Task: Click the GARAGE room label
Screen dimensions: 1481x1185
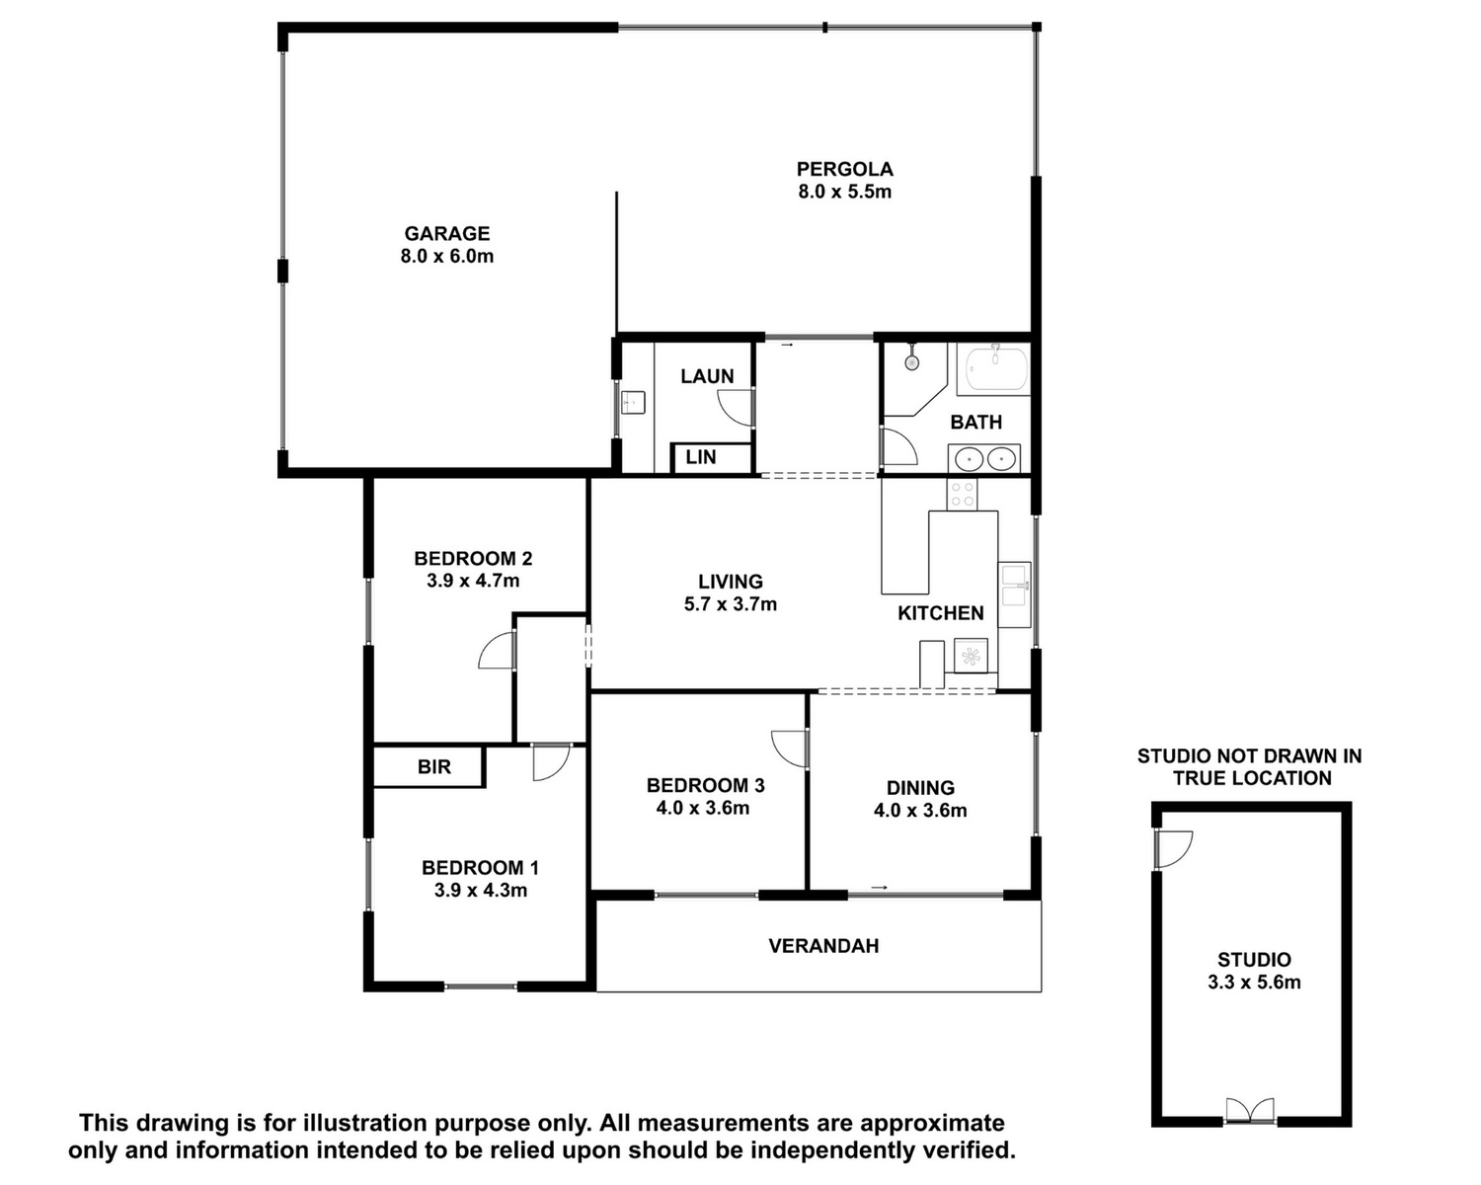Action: pyautogui.click(x=446, y=233)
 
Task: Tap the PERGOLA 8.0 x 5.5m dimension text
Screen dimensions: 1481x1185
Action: pyautogui.click(x=844, y=192)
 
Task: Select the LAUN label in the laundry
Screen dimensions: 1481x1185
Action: pyautogui.click(x=707, y=376)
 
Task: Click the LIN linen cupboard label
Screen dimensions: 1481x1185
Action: pyautogui.click(x=701, y=456)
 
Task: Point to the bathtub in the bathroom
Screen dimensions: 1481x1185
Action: pyautogui.click(x=996, y=369)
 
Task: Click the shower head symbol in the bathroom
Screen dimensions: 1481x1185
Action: pyautogui.click(x=912, y=360)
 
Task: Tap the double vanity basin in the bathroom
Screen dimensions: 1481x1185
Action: pyautogui.click(x=984, y=458)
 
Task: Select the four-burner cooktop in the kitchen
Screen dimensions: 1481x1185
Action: pyautogui.click(x=962, y=494)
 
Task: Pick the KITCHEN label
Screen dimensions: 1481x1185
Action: pyautogui.click(x=940, y=613)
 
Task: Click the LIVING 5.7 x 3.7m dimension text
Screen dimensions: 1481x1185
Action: pyautogui.click(x=731, y=604)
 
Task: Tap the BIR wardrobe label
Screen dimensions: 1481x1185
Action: pyautogui.click(x=433, y=766)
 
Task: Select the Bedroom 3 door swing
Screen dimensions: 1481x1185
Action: pyautogui.click(x=789, y=749)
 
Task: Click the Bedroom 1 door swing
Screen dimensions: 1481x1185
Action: pyautogui.click(x=552, y=761)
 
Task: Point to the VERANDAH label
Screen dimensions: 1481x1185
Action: pyautogui.click(x=823, y=945)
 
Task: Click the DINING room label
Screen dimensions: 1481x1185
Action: pyautogui.click(x=920, y=787)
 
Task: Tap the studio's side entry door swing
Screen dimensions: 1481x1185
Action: pyautogui.click(x=1174, y=849)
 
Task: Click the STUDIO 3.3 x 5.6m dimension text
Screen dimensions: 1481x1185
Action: pyautogui.click(x=1254, y=982)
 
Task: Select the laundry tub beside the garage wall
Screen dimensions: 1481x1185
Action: pyautogui.click(x=633, y=402)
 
